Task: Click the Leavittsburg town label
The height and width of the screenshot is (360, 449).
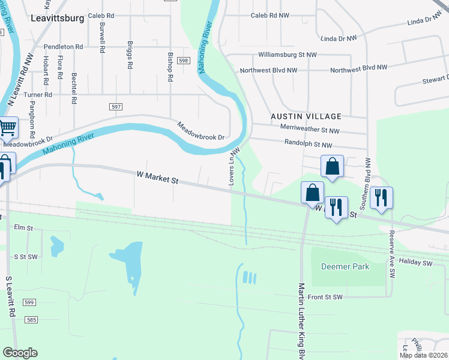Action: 57,18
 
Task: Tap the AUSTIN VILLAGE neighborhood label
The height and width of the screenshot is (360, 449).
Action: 306,116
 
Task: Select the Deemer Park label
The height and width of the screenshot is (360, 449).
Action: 345,266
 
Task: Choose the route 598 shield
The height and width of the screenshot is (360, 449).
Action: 184,61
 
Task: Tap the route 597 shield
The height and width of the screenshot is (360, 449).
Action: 116,106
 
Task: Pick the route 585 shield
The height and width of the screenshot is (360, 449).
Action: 32,320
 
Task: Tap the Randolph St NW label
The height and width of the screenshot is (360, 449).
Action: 308,145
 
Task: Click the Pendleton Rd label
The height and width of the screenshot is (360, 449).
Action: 63,46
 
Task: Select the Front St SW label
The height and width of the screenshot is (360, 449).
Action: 325,297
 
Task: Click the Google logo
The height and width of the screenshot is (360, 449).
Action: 20,353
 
